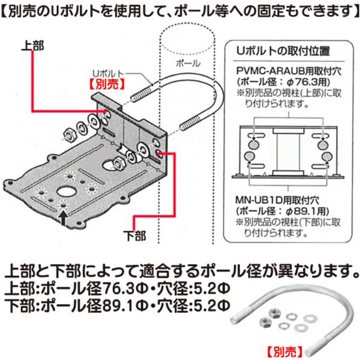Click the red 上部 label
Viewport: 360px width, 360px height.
click(x=33, y=44)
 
